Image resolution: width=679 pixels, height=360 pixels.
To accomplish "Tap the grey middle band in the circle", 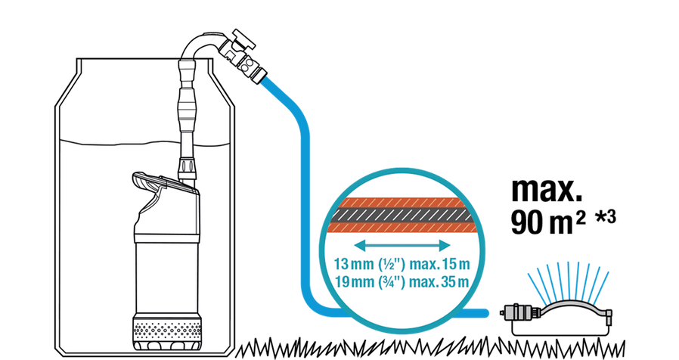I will pyautogui.click(x=402, y=216).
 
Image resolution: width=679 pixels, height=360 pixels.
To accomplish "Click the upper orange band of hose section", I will pyautogui.click(x=402, y=203).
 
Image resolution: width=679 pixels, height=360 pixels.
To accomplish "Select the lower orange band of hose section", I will pyautogui.click(x=402, y=228).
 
